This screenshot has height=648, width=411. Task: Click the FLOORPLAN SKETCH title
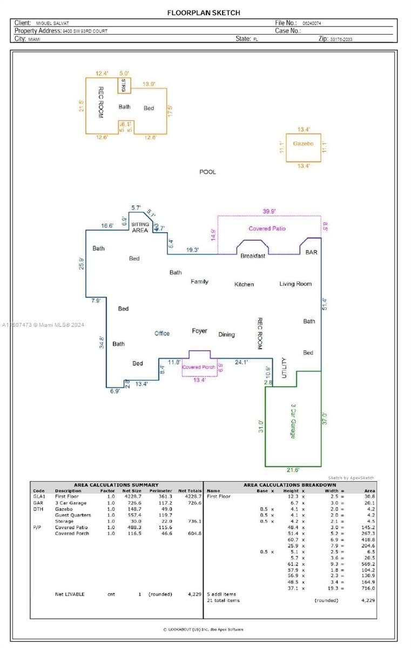coord(204,12)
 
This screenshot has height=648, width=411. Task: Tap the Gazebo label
coord(303,144)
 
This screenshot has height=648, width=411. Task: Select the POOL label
coord(207,172)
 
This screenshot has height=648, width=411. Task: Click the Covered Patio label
coord(267,228)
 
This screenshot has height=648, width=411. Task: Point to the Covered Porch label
coord(199,367)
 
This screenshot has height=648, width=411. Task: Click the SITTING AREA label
coord(140,227)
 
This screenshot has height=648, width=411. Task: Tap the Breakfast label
coord(253,256)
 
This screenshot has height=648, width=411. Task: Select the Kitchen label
coord(244,284)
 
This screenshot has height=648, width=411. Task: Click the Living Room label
coord(295,283)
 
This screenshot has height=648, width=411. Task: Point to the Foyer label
coord(199,330)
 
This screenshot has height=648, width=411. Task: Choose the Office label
coord(162,333)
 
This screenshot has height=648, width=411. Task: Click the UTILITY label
coord(284,368)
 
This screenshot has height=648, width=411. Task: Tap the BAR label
coord(312,252)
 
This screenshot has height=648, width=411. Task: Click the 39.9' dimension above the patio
coord(269,211)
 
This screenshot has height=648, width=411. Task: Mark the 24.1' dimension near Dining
coord(241,362)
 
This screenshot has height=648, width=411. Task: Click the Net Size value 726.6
coord(132,503)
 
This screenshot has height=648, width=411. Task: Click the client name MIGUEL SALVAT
coord(52,23)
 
